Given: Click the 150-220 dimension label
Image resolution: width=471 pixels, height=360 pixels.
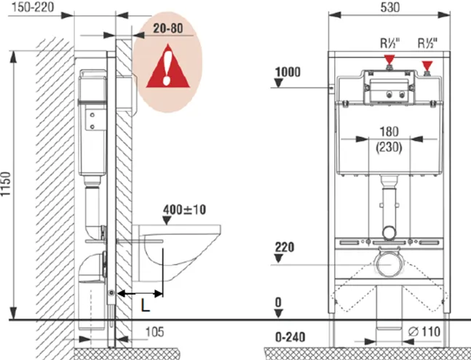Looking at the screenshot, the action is click(x=33, y=7).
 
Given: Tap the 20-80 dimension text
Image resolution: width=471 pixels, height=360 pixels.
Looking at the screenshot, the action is click(x=168, y=28).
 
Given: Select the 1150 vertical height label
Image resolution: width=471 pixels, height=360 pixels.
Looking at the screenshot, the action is click(x=5, y=184).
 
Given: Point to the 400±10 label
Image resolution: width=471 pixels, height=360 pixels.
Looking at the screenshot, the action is click(x=184, y=209).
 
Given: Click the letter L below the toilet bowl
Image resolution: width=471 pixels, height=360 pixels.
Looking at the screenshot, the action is click(x=145, y=305).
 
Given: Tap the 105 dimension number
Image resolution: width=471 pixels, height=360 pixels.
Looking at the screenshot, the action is click(x=155, y=332).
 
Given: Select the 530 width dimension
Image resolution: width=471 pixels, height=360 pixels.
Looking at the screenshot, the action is click(x=390, y=7).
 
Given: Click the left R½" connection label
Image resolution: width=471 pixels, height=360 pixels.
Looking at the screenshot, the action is click(x=390, y=44).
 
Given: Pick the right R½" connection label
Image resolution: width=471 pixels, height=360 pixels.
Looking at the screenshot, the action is click(x=427, y=44).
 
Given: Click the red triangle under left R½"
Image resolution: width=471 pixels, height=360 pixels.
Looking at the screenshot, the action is click(x=389, y=59).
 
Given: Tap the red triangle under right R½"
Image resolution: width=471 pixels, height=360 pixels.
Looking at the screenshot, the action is click(x=427, y=65).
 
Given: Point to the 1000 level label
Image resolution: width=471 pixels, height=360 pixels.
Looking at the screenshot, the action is click(x=288, y=72).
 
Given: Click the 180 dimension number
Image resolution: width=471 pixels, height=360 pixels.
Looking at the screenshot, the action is click(x=389, y=132).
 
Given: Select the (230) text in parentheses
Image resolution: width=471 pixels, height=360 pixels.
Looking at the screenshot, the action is click(x=389, y=147).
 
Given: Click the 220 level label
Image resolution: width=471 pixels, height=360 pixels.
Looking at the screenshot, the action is click(x=285, y=247).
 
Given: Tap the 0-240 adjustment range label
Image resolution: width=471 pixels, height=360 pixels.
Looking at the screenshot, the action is click(x=290, y=337).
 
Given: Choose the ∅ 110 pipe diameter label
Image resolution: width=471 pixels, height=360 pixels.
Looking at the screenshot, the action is click(x=424, y=332).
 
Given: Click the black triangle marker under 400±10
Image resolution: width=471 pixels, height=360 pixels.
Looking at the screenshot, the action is click(x=167, y=220).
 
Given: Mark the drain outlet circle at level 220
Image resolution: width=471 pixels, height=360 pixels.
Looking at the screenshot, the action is click(x=389, y=265).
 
